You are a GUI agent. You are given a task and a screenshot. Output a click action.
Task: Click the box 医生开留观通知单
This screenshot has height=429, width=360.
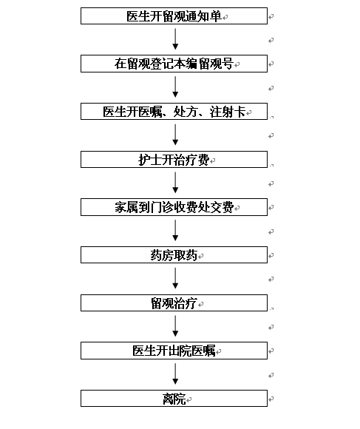(174, 16)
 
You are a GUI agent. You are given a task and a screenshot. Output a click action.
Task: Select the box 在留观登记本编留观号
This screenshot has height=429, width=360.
(174, 64)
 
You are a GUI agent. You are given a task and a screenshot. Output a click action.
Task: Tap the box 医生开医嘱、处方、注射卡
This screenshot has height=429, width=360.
(174, 112)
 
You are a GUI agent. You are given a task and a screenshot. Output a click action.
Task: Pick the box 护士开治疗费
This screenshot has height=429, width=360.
(174, 160)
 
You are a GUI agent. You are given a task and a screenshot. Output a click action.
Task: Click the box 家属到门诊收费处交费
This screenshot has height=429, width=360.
(174, 207)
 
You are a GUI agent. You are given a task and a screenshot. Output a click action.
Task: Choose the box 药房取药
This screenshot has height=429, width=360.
(174, 255)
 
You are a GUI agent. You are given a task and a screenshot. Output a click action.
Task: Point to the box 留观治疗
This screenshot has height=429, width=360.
(174, 303)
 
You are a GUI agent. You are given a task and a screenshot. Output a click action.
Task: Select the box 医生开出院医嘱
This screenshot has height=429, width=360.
(174, 351)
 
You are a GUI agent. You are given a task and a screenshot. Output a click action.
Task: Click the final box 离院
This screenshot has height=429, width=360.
(174, 399)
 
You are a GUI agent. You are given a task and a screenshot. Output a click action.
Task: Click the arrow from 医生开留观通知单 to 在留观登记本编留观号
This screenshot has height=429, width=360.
(175, 39)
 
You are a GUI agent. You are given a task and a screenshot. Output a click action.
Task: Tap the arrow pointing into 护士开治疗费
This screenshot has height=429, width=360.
(175, 135)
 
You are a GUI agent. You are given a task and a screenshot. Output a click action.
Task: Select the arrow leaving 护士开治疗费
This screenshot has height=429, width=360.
(175, 183)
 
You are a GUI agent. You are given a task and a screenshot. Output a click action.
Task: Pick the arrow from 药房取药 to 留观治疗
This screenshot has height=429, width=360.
(175, 278)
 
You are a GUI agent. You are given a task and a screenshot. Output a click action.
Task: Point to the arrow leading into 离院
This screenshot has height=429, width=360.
(175, 374)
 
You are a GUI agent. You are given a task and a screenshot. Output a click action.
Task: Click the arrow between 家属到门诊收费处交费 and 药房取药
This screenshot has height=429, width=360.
(175, 230)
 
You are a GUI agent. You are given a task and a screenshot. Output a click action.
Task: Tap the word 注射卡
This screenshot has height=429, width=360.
(228, 112)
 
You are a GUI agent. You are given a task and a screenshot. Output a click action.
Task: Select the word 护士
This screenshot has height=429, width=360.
(150, 160)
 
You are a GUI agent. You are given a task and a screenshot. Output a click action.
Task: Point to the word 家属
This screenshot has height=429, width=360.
(126, 207)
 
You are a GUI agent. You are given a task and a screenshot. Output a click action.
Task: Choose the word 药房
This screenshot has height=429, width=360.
(162, 255)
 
